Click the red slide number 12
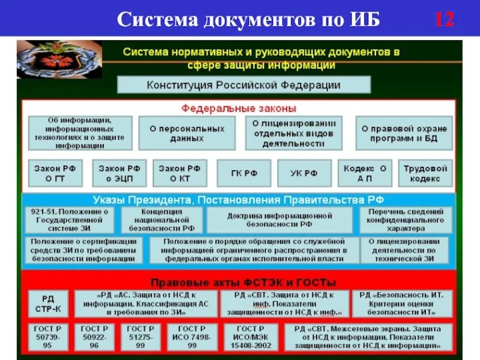(444, 19)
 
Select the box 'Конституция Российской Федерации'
(244, 85)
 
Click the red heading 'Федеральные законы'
(239, 109)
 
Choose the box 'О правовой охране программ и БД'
(404, 133)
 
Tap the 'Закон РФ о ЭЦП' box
(119, 173)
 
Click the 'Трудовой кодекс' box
(425, 173)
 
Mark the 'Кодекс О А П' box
(365, 173)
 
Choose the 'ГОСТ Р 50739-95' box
(47, 337)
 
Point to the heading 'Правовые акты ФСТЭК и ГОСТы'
(243, 282)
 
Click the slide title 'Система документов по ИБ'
(248, 19)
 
